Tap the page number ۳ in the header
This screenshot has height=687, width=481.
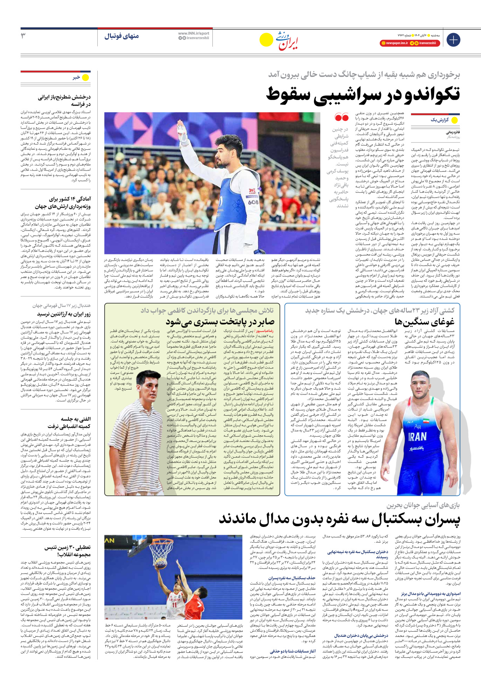click(x=23, y=36)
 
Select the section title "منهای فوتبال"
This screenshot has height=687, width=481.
click(x=122, y=36)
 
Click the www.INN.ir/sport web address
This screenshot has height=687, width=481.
click(x=194, y=33)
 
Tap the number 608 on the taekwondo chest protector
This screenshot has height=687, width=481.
click(x=253, y=202)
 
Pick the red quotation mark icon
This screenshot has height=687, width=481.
click(x=341, y=117)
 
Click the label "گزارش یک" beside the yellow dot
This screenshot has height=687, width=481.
click(x=439, y=120)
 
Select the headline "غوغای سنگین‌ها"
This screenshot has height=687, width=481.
click(x=424, y=322)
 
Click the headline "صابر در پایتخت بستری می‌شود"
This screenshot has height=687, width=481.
click(x=220, y=322)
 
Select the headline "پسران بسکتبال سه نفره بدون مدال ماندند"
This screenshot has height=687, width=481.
click(x=339, y=519)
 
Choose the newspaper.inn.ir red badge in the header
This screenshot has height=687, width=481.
click(x=394, y=43)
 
